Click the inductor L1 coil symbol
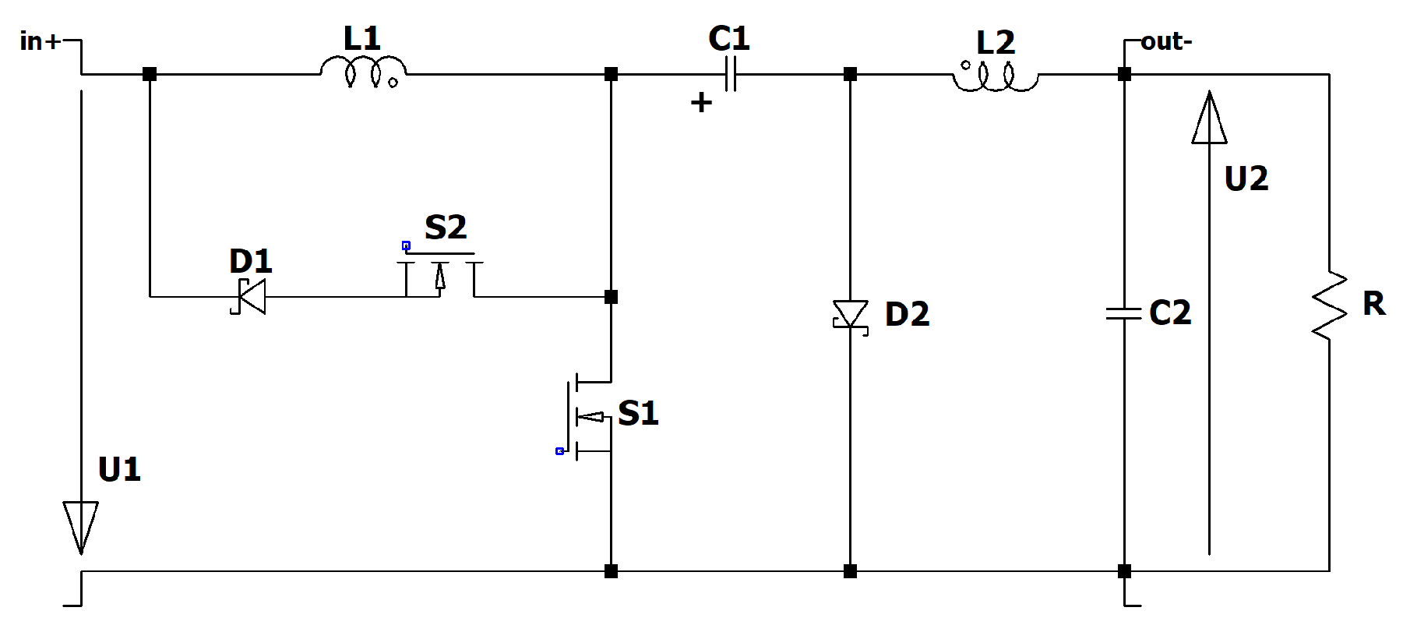(363, 72)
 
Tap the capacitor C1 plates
(730, 75)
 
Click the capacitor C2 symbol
(1124, 313)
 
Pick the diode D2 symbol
(851, 315)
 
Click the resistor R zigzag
(1329, 305)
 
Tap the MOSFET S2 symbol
(440, 273)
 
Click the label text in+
(40, 41)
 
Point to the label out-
(1166, 41)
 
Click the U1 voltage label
(119, 470)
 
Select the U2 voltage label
(1246, 179)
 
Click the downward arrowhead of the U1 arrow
(81, 526)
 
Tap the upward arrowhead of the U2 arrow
(1209, 119)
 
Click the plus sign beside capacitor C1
(701, 102)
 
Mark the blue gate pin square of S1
(559, 451)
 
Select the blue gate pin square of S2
(406, 245)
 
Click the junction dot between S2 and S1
(611, 297)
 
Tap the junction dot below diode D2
(850, 571)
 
